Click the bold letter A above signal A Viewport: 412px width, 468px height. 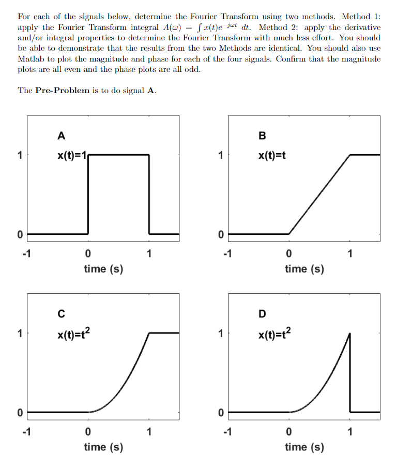[x=62, y=136]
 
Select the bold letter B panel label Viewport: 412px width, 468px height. [x=262, y=136]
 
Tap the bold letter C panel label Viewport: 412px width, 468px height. [x=62, y=314]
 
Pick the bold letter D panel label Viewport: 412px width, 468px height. [x=262, y=314]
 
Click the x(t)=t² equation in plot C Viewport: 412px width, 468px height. [x=74, y=334]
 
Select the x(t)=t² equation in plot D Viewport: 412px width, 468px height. [x=274, y=334]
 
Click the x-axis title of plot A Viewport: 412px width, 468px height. [x=103, y=269]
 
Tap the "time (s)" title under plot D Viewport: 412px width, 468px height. [x=304, y=447]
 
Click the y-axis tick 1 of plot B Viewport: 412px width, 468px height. [x=220, y=155]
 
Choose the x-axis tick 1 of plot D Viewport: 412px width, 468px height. [x=349, y=432]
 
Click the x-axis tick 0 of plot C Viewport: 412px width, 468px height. [x=88, y=432]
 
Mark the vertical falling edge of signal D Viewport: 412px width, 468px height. [x=350, y=372]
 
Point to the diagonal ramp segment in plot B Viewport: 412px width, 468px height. [x=319, y=194]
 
